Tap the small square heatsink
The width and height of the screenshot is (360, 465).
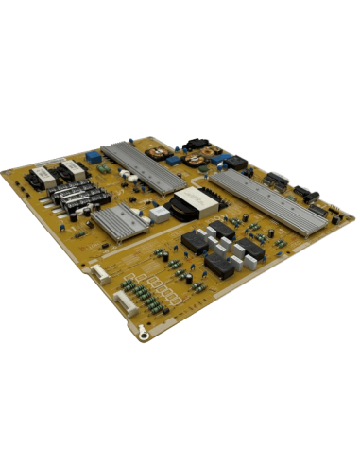(x=117, y=220)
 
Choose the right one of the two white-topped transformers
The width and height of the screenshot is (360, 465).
(x=72, y=171)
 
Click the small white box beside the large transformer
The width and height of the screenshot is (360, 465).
(x=161, y=215)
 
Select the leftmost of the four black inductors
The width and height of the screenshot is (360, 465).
(x=195, y=241)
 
